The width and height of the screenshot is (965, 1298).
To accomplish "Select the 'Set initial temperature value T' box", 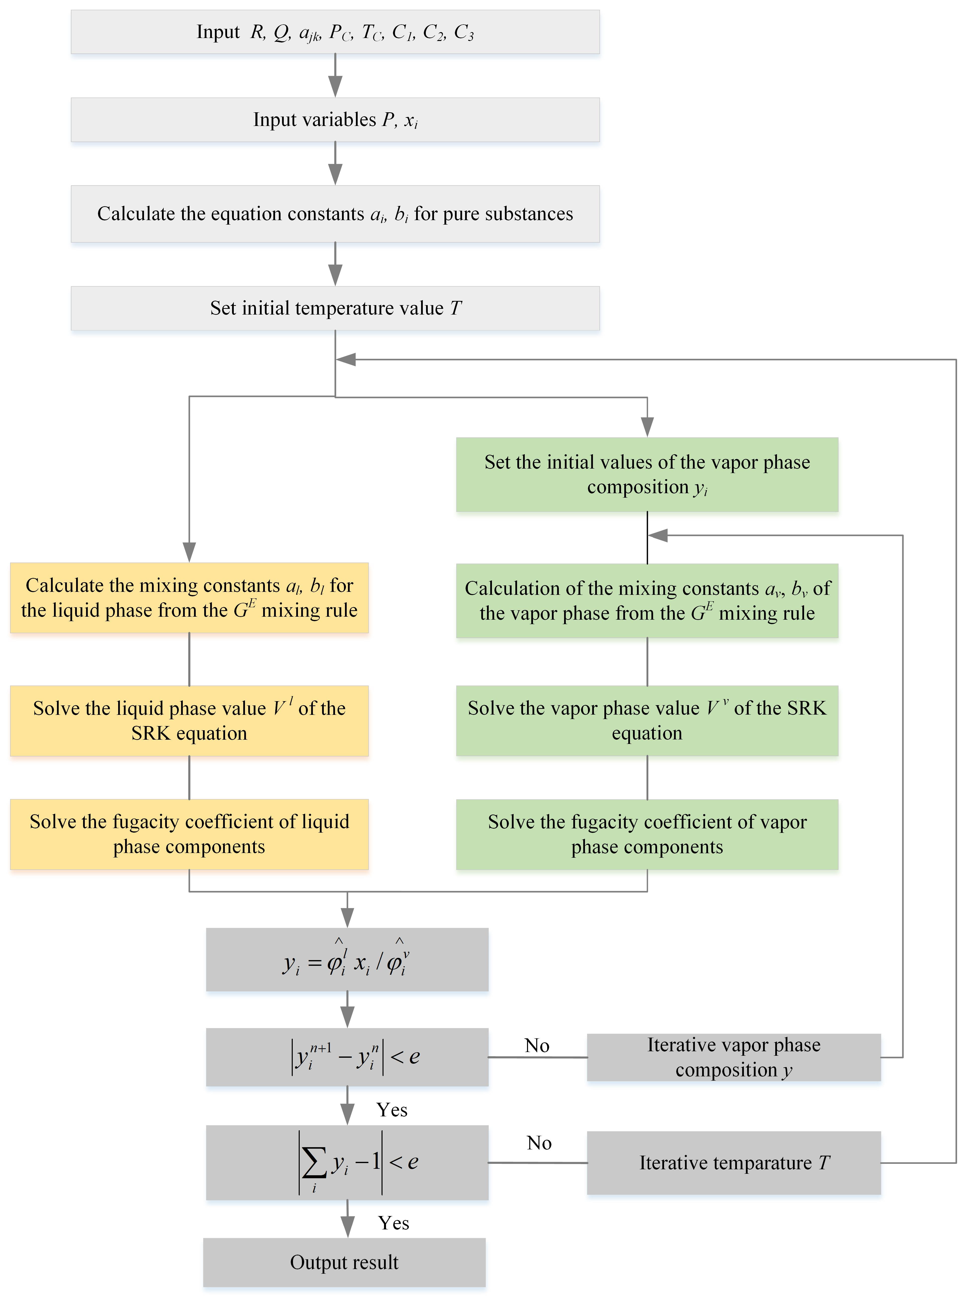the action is [335, 308].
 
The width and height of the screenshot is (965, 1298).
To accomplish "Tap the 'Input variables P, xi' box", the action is [335, 120].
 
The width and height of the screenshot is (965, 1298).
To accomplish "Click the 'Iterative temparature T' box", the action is [734, 1163].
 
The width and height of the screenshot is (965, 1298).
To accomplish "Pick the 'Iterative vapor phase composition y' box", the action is [734, 1057].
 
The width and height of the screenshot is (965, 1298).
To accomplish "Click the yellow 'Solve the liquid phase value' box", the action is [189, 721].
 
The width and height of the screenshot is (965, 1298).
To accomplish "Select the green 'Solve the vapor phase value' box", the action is [647, 721].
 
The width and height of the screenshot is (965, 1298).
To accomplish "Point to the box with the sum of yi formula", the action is [347, 1163].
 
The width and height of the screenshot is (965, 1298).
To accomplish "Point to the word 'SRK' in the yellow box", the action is [150, 733].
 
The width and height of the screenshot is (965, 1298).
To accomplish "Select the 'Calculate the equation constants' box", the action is [335, 214].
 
